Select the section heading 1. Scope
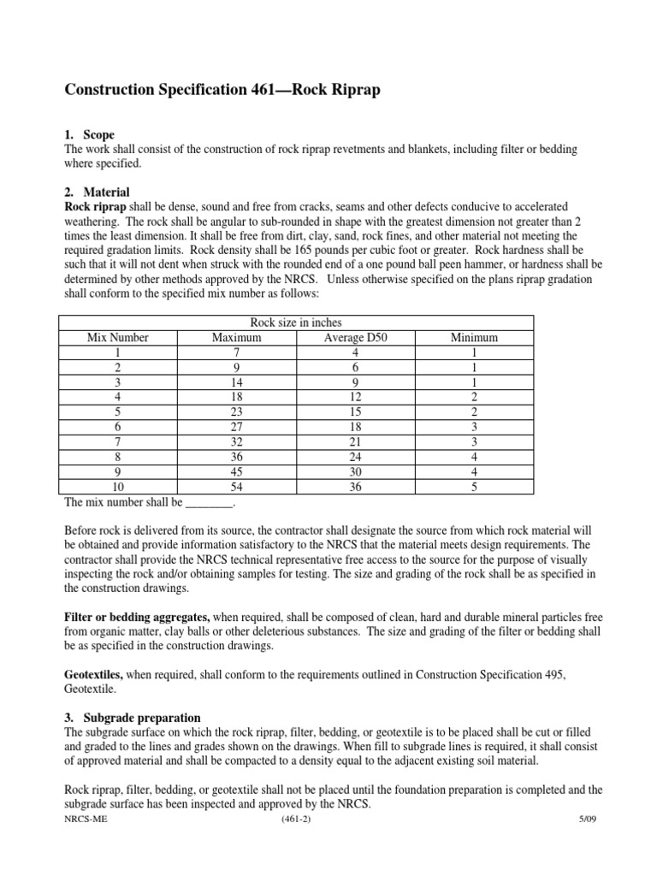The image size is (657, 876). coord(90,135)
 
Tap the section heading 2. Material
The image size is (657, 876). coord(97,192)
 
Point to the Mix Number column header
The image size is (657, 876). coord(118,338)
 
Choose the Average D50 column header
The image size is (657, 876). coord(355,338)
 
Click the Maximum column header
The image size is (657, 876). coord(237,338)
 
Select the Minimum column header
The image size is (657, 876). coord(474,338)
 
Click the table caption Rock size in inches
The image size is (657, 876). coord(295,323)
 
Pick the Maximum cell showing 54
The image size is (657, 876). coord(237,487)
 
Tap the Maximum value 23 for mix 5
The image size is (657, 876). coord(237,412)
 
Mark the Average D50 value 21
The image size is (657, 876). coord(355,442)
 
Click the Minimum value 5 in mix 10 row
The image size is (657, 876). coord(474,487)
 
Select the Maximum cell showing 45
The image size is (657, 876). coord(237,472)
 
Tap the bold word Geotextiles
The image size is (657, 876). coord(94,674)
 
